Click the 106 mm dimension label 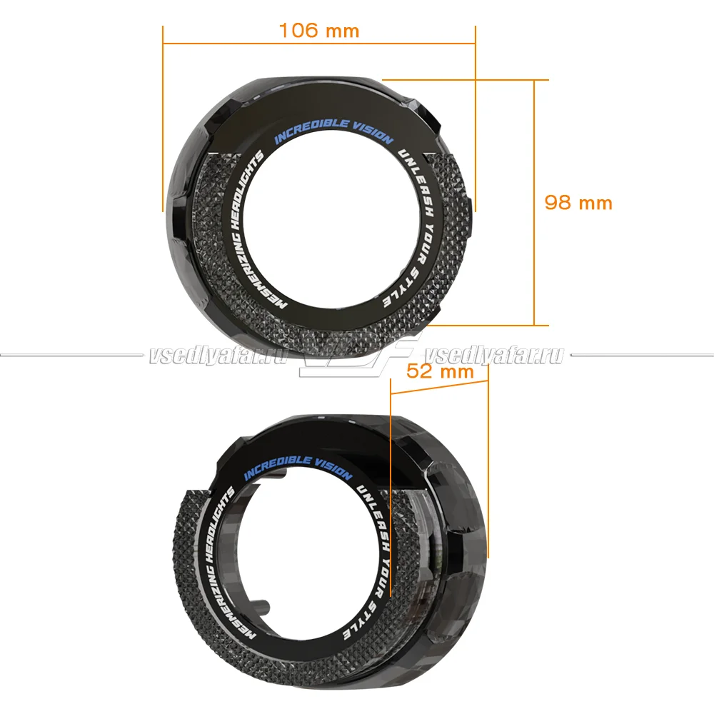click(318, 31)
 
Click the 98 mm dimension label click(578, 203)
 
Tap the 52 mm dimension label click(440, 371)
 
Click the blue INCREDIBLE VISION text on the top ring click(333, 131)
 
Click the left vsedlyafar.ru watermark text click(218, 355)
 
